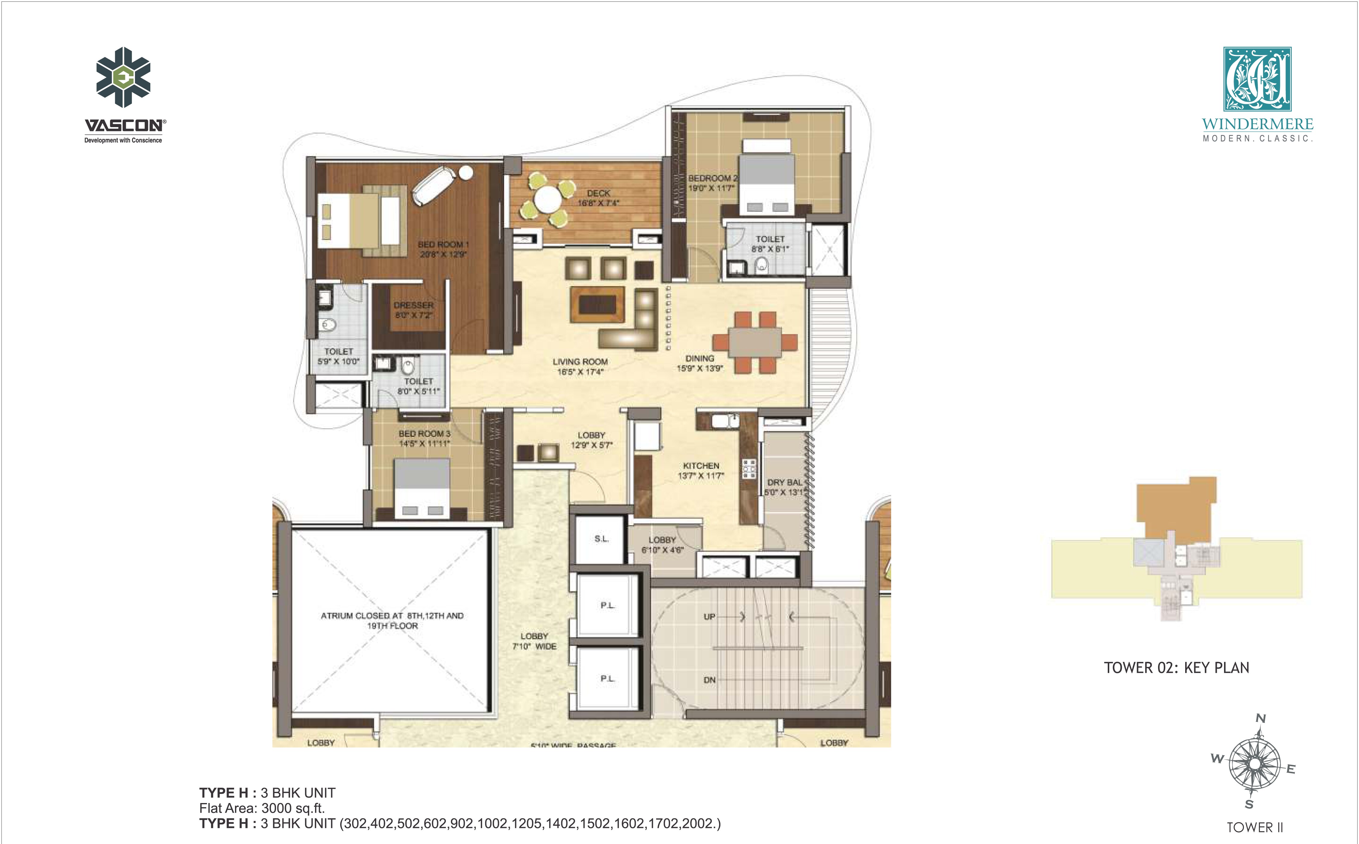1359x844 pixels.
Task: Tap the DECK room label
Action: pyautogui.click(x=598, y=193)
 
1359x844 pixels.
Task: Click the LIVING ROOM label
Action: pyautogui.click(x=580, y=362)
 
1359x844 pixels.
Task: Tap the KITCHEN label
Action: pyautogui.click(x=701, y=466)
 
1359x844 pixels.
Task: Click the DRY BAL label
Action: pyautogui.click(x=784, y=482)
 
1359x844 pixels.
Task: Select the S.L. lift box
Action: pyautogui.click(x=601, y=539)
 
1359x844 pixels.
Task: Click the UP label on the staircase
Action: pyautogui.click(x=709, y=617)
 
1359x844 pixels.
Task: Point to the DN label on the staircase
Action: pyautogui.click(x=709, y=680)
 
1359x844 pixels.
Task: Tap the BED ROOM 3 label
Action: pyautogui.click(x=424, y=434)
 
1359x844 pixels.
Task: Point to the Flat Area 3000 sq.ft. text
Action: pyautogui.click(x=262, y=808)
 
